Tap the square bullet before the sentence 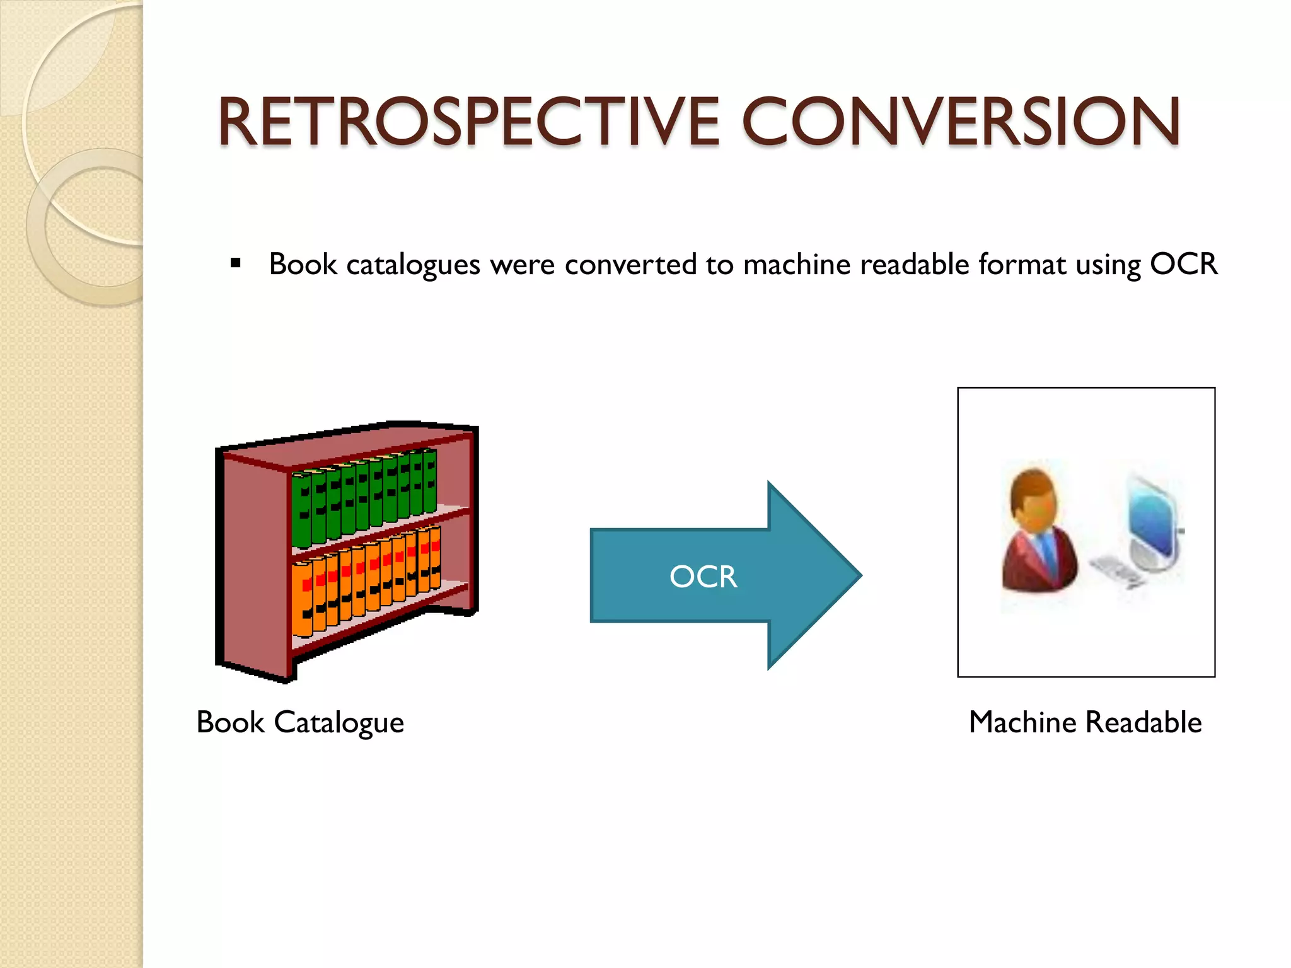[x=236, y=263]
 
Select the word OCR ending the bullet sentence [x=1183, y=263]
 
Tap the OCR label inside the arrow [x=703, y=577]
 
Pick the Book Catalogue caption [x=300, y=722]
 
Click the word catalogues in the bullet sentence [x=414, y=263]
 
